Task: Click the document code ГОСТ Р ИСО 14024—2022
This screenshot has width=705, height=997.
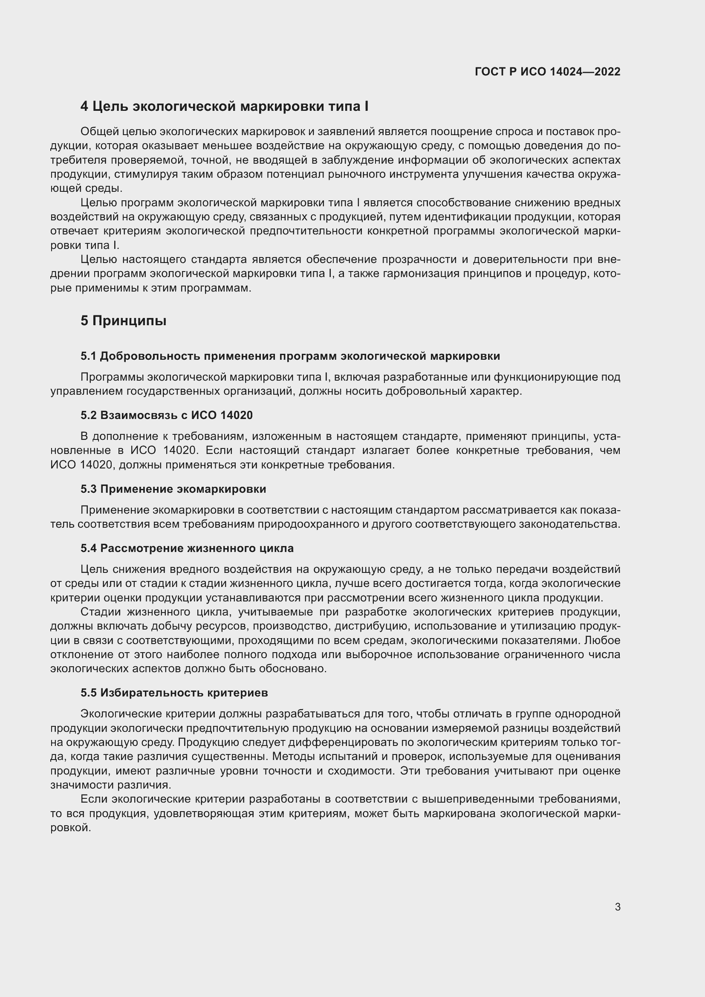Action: click(x=547, y=72)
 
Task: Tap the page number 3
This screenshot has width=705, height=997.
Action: click(x=617, y=907)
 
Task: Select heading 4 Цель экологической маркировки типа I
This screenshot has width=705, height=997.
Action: click(x=224, y=107)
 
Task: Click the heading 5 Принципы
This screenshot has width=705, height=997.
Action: click(x=123, y=321)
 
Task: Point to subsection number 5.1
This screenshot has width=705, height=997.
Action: click(x=88, y=356)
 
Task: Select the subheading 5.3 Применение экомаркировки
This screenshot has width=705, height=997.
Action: click(x=173, y=489)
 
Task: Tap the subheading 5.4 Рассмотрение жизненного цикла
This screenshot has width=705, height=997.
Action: click(x=187, y=548)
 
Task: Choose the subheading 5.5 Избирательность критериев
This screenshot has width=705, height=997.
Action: click(x=174, y=693)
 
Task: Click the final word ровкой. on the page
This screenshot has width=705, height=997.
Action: click(x=71, y=828)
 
